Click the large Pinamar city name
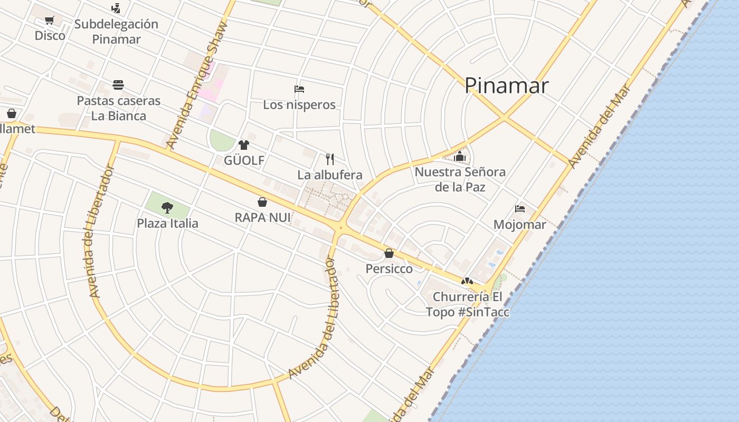tap(506, 85)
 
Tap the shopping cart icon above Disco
tap(50, 21)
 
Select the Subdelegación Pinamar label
tap(116, 32)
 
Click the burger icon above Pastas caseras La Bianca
tap(118, 85)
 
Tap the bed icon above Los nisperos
tap(299, 89)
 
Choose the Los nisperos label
tap(299, 104)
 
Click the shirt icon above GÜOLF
tap(243, 145)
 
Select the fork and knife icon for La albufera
tap(330, 159)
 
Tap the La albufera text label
tap(330, 175)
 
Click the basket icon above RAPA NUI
tap(262, 202)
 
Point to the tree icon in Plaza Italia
tap(167, 207)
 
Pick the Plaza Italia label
tap(167, 223)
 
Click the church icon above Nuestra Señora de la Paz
tap(460, 156)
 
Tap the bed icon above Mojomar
tap(520, 208)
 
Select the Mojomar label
tap(520, 224)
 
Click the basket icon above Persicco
tap(389, 253)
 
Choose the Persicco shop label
tap(389, 269)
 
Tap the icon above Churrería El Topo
tap(467, 281)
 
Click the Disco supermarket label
tap(50, 35)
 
